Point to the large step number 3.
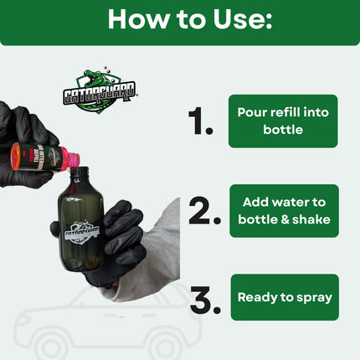click(206, 299)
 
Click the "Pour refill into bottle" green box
click(284, 121)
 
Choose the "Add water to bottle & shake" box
click(285, 211)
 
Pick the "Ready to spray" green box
click(285, 297)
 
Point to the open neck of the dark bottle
click(81, 172)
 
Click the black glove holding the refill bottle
click(21, 138)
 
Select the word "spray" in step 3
click(311, 297)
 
